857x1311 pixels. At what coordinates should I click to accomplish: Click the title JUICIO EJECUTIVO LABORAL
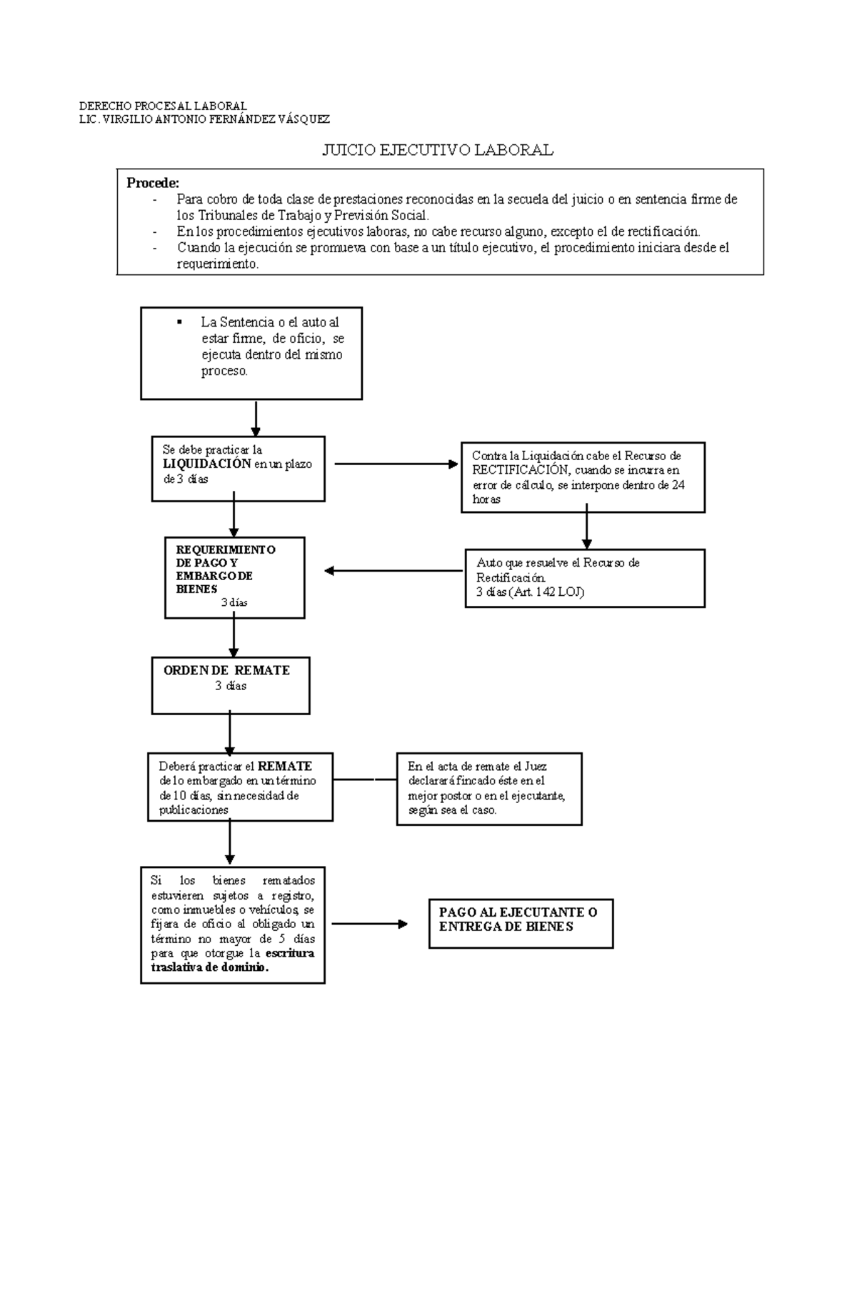(x=437, y=150)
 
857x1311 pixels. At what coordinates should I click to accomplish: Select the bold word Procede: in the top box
(x=153, y=183)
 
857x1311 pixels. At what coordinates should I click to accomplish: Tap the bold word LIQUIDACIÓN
(x=207, y=464)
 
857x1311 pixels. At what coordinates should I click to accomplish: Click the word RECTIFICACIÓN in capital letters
(x=519, y=470)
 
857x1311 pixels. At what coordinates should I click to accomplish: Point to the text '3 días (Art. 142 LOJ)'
(x=530, y=592)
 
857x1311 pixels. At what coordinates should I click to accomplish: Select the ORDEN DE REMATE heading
(x=226, y=670)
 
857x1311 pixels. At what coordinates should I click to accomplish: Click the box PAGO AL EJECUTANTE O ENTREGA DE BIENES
(x=521, y=923)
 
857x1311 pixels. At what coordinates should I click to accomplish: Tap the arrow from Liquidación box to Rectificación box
(x=396, y=464)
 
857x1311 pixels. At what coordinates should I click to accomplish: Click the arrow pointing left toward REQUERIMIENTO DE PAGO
(x=394, y=571)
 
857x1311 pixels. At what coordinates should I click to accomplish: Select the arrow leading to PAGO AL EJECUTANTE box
(x=369, y=924)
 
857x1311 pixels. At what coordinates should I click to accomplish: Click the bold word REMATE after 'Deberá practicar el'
(x=285, y=766)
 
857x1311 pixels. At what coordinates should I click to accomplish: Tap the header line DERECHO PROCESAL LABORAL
(x=163, y=106)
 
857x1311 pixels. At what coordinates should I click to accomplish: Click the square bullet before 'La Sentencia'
(x=179, y=321)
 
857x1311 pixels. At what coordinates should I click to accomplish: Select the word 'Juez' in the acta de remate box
(x=536, y=766)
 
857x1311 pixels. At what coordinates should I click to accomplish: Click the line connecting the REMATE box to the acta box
(x=364, y=779)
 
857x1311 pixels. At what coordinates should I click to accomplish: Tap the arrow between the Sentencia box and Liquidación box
(x=256, y=418)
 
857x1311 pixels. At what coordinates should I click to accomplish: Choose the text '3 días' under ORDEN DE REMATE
(x=231, y=686)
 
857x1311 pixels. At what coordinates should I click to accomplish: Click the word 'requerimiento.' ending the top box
(x=218, y=264)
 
